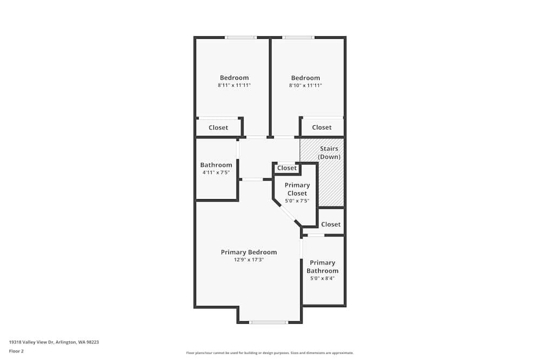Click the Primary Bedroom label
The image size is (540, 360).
coord(248,252)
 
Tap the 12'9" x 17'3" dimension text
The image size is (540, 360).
coord(248,260)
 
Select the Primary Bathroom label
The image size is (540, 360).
coord(322,267)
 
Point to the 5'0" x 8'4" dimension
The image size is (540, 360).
coord(322,279)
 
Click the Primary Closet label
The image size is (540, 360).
coord(297,189)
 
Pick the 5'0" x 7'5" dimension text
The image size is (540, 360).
coord(297,201)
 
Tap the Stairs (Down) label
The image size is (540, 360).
coord(329,153)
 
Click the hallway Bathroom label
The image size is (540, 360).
coord(217,165)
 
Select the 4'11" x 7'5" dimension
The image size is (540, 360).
coord(217,173)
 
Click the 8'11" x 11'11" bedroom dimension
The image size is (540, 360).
coord(234,85)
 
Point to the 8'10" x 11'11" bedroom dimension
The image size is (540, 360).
coord(306,85)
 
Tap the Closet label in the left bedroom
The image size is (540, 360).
coord(218,128)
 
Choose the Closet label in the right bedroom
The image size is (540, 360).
coord(322,127)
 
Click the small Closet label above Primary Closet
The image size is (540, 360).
coord(287,168)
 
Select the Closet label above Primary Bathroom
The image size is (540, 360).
coord(331,225)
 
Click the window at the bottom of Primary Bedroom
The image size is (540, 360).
coord(268,322)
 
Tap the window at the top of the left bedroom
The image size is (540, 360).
coord(241,38)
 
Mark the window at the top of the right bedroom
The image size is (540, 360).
coord(298,38)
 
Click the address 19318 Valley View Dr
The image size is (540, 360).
coord(32,342)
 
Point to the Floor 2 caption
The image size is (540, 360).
coord(16,351)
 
